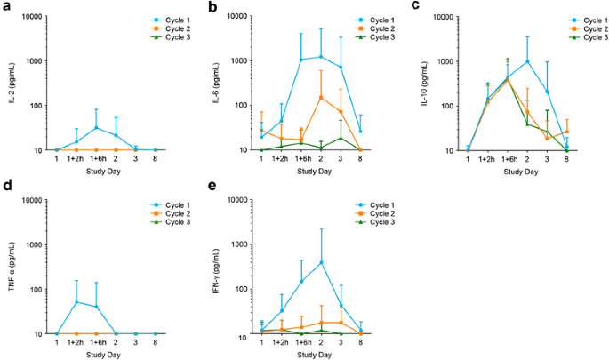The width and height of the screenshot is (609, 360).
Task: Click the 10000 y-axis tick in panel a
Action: point(34,16)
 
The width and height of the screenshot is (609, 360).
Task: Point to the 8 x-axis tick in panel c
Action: point(565,158)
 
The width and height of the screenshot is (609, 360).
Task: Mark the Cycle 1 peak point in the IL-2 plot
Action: point(96,128)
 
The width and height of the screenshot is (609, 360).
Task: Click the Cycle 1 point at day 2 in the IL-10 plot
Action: point(527,61)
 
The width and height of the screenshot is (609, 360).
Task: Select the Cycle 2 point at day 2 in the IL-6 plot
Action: point(321,97)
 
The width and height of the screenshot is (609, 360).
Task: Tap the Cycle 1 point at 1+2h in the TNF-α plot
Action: point(76,302)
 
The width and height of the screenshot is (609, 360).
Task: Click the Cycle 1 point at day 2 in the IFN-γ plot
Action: point(321,262)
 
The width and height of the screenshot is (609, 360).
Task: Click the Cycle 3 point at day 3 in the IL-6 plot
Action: point(341,137)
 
